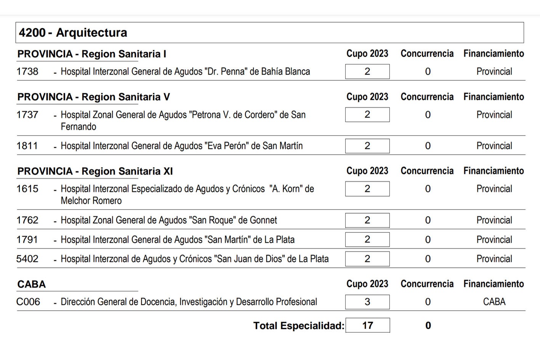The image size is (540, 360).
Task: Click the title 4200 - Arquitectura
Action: [x=73, y=33]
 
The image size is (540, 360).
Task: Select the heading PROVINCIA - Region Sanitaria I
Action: [x=91, y=54]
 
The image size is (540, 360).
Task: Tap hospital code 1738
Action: [x=27, y=72]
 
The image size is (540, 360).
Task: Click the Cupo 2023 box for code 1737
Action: [x=367, y=115]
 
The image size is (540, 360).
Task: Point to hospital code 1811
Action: [x=27, y=146]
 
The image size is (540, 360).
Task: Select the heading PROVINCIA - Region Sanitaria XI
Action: [x=95, y=171]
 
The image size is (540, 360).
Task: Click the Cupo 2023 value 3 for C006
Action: [x=367, y=302]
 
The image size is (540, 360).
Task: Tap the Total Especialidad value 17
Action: [x=367, y=325]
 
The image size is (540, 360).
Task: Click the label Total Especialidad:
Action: [x=299, y=326]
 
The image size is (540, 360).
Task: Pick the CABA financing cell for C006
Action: [x=494, y=302]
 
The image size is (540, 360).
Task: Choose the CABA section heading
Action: [x=32, y=285]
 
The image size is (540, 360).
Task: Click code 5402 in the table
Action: [x=27, y=259]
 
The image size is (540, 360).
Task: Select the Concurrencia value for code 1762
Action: [x=428, y=220]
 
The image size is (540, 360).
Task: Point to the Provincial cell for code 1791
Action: [x=494, y=240]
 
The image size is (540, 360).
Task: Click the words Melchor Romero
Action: [x=91, y=201]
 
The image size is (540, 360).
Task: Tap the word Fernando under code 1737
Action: [x=79, y=127]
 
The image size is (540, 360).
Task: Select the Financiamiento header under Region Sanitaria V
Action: [x=494, y=97]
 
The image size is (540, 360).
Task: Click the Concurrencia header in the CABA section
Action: [x=427, y=284]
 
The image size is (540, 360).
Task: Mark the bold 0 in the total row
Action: [x=428, y=326]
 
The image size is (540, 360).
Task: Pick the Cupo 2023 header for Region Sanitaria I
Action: [x=367, y=54]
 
